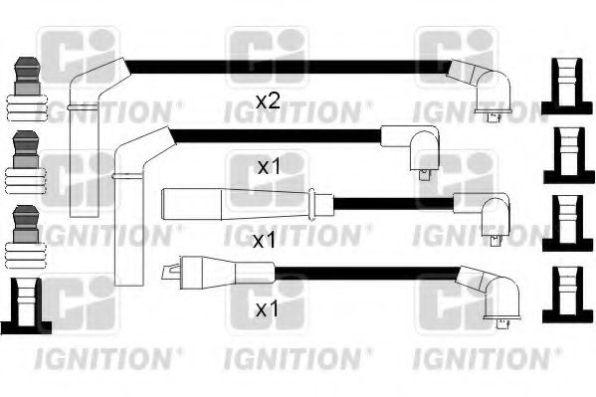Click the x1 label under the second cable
pos(268,168)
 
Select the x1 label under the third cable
pos(265,241)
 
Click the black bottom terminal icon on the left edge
pos(26,308)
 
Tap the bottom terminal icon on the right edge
pos(564,296)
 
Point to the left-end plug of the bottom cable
pos(204,270)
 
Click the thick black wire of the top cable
pos(289,67)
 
